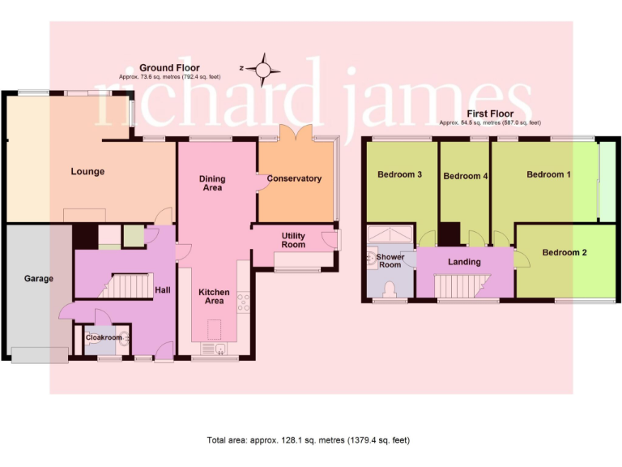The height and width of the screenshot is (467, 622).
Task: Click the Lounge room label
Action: pyautogui.click(x=87, y=172)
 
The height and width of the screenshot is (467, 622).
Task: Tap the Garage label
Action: pyautogui.click(x=38, y=279)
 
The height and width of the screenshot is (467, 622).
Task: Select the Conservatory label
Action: pyautogui.click(x=294, y=178)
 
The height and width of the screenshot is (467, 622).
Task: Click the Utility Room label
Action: pyautogui.click(x=293, y=240)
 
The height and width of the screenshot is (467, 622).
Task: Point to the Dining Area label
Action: pyautogui.click(x=212, y=183)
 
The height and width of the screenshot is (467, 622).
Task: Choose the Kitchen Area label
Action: pyautogui.click(x=213, y=296)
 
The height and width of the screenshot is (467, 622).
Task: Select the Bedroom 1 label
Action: pyautogui.click(x=548, y=174)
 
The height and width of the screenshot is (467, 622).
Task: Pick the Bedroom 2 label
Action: pyautogui.click(x=564, y=252)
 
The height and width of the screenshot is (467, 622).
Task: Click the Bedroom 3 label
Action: pyautogui.click(x=399, y=174)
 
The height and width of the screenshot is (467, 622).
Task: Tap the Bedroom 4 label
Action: pyautogui.click(x=466, y=176)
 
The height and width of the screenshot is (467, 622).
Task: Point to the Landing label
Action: pyautogui.click(x=464, y=262)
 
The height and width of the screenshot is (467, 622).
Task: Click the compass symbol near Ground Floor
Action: pyautogui.click(x=263, y=69)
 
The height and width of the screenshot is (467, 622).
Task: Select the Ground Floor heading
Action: pyautogui.click(x=169, y=68)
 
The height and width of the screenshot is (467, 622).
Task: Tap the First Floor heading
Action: pyautogui.click(x=489, y=114)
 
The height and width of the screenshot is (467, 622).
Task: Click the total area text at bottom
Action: pyautogui.click(x=309, y=440)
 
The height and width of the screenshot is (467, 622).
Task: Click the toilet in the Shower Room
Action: pyautogui.click(x=390, y=289)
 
